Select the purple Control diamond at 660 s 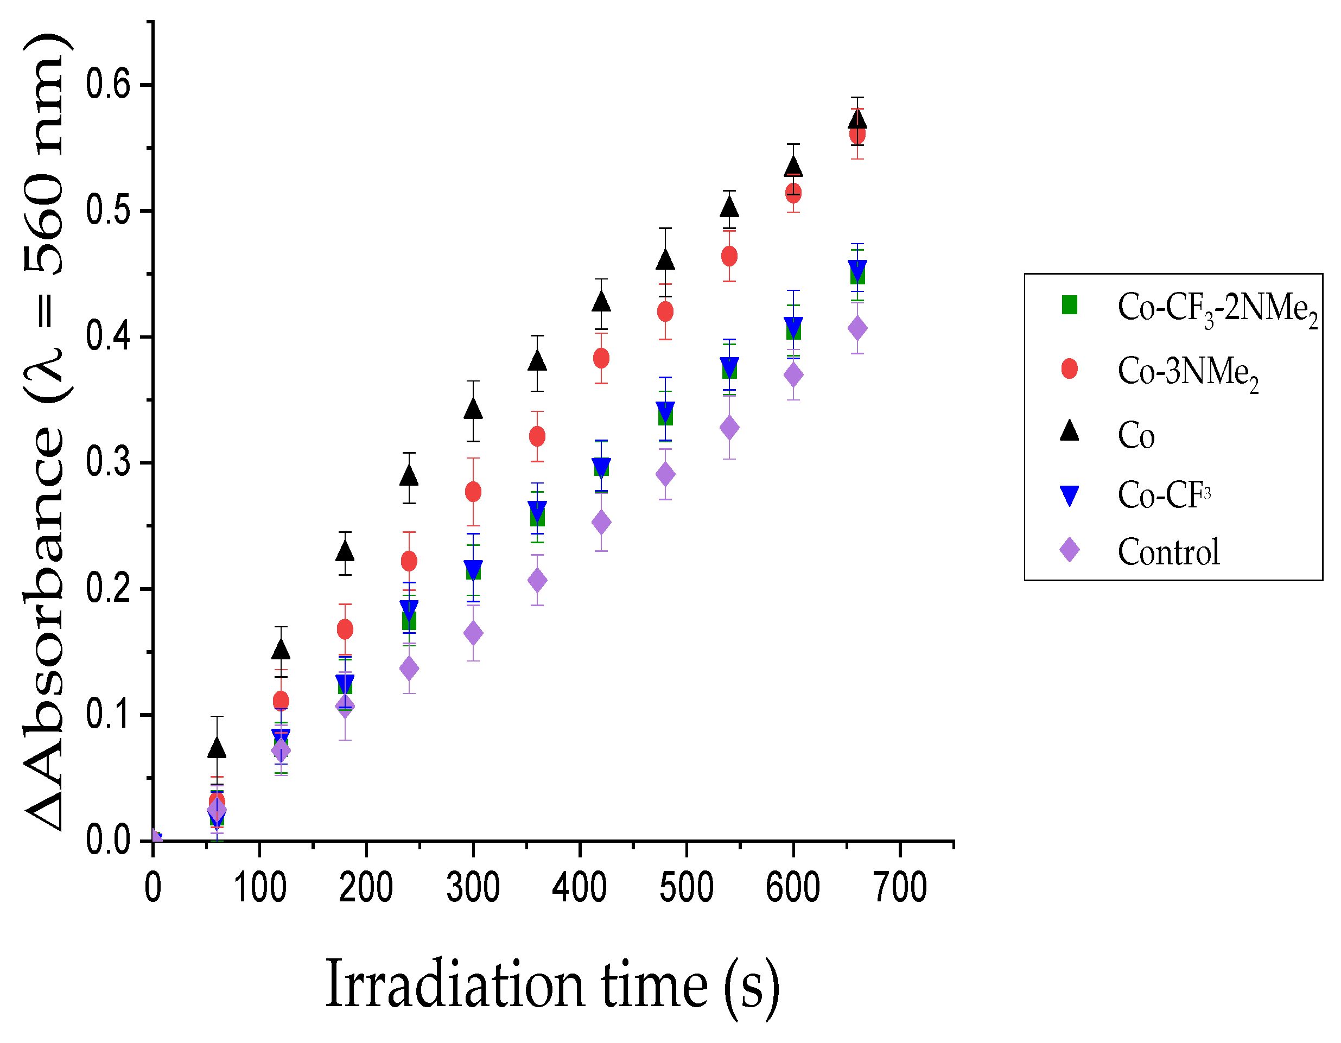click(x=857, y=328)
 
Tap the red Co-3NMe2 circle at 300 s click(x=473, y=492)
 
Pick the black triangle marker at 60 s click(x=217, y=748)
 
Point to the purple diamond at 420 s click(x=601, y=523)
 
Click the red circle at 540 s click(x=729, y=256)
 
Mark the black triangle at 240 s click(x=409, y=476)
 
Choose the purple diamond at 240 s click(x=409, y=669)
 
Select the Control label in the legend click(x=1168, y=552)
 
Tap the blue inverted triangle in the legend click(x=1069, y=495)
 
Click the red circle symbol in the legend click(x=1069, y=369)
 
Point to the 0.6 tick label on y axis click(x=108, y=85)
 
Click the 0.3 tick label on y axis click(x=108, y=462)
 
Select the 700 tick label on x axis click(x=900, y=888)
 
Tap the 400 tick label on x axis click(x=579, y=888)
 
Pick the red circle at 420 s click(x=601, y=358)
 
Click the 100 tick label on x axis click(x=260, y=888)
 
